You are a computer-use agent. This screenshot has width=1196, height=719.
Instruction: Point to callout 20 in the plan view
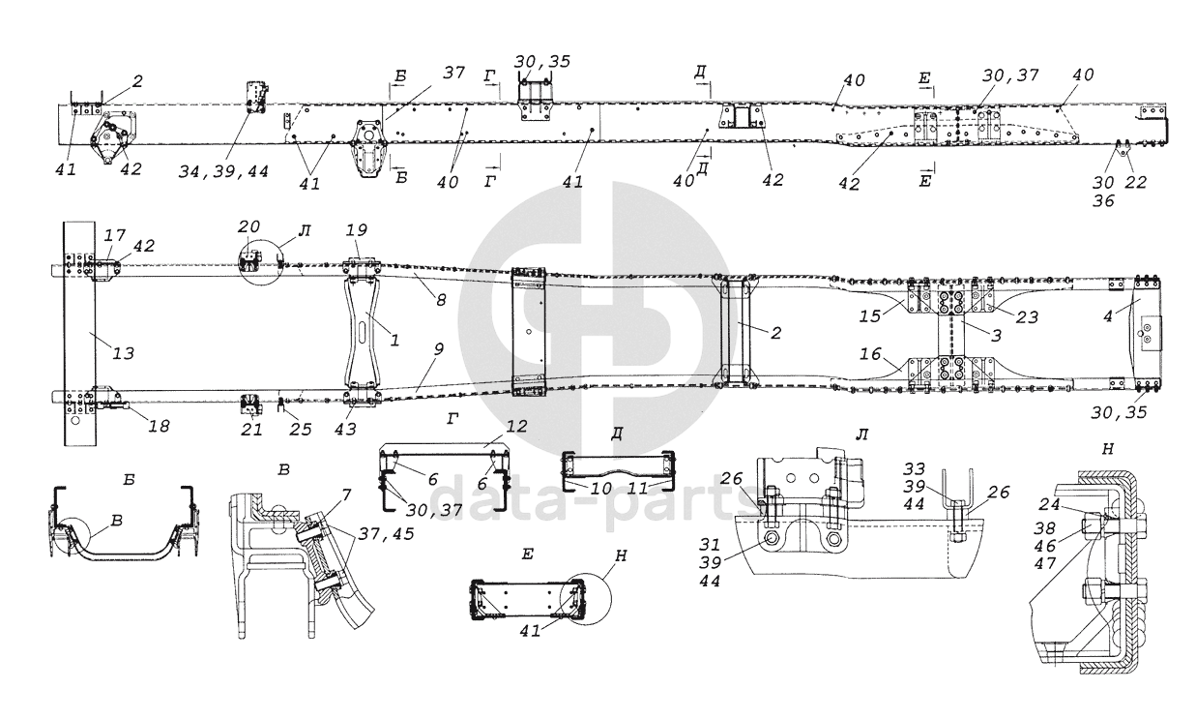point(248,227)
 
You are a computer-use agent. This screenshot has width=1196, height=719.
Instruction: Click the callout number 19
point(356,231)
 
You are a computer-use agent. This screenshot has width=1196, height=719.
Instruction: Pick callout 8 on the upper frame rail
point(440,301)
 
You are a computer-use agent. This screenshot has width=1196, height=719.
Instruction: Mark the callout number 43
point(344,428)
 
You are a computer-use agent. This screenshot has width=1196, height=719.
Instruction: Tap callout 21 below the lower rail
point(249,429)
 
